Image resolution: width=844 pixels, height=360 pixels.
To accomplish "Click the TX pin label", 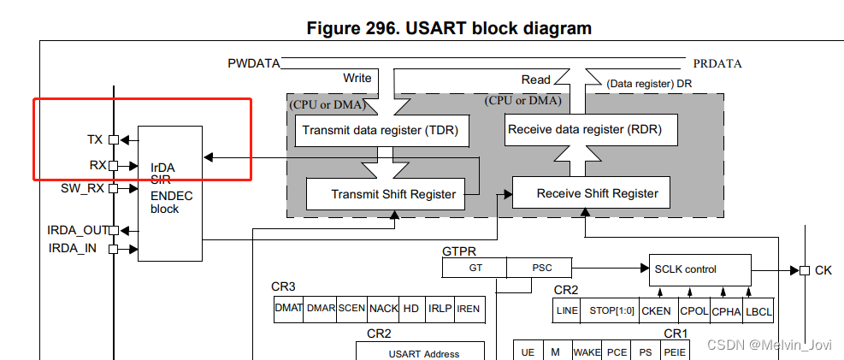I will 95,139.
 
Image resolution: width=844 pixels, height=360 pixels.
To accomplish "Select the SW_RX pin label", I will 82,187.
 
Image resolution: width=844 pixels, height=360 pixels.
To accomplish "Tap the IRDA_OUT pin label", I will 76,230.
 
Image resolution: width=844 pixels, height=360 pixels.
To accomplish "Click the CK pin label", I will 823,270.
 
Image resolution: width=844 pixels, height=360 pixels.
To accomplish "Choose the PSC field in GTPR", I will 541,268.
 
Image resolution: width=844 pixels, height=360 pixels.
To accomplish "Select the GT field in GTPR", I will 475,268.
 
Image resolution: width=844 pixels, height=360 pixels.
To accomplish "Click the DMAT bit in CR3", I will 288,309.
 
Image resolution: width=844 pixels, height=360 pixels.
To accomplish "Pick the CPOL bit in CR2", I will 693,311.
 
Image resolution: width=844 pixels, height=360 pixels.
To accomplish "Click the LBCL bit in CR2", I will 758,311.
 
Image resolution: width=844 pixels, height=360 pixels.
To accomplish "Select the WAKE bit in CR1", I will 587,351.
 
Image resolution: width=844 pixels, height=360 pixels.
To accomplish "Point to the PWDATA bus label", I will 253,64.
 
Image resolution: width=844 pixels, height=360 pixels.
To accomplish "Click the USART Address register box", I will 423,351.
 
